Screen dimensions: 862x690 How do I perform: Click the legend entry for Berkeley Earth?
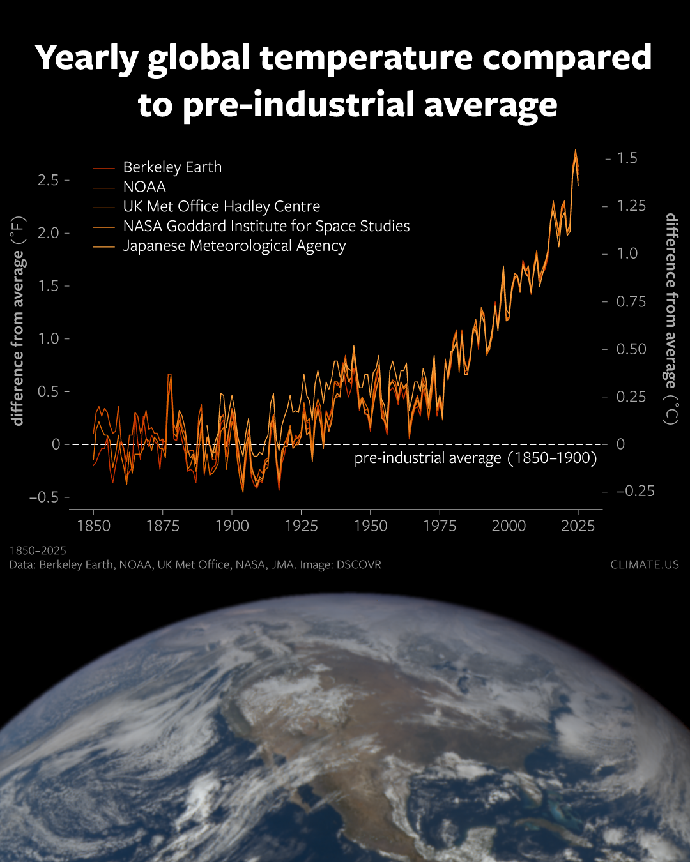172,167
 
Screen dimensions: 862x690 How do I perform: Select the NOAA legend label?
144,187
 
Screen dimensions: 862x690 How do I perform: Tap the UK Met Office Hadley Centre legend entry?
221,207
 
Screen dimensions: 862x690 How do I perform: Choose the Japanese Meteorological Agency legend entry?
234,246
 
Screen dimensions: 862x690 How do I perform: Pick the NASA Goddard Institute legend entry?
266,227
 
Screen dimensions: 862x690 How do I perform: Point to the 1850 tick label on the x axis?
94,526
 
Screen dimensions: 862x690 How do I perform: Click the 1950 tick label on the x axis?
371,526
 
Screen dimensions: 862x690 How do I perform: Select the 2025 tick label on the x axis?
578,526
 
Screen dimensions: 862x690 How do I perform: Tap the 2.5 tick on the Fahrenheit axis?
48,180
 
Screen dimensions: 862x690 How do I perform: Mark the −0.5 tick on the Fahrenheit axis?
43,497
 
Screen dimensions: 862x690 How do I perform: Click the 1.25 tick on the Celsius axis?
631,206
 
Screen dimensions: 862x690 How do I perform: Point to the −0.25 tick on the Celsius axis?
635,491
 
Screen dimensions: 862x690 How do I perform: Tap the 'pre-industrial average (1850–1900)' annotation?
475,458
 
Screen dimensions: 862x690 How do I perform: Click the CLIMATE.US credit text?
644,565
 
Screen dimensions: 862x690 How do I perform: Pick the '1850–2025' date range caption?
38,550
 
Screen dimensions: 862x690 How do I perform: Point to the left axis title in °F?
19,321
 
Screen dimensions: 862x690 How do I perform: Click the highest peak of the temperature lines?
576,151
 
